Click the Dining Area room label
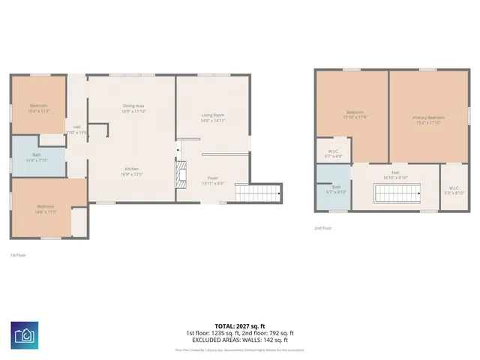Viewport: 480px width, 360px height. [x=133, y=108]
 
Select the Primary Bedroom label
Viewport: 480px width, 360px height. [x=428, y=120]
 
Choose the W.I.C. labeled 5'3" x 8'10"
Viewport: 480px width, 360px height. [x=454, y=190]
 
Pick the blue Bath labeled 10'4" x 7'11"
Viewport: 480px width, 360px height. [x=36, y=157]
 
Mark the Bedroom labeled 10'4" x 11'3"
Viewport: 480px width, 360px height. [x=38, y=108]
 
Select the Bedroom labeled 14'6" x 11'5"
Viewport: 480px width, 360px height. [x=46, y=208]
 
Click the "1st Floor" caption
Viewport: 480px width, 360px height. [x=19, y=254]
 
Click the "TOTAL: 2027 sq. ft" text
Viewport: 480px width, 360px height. [x=239, y=325]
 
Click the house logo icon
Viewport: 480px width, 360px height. [x=25, y=334]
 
